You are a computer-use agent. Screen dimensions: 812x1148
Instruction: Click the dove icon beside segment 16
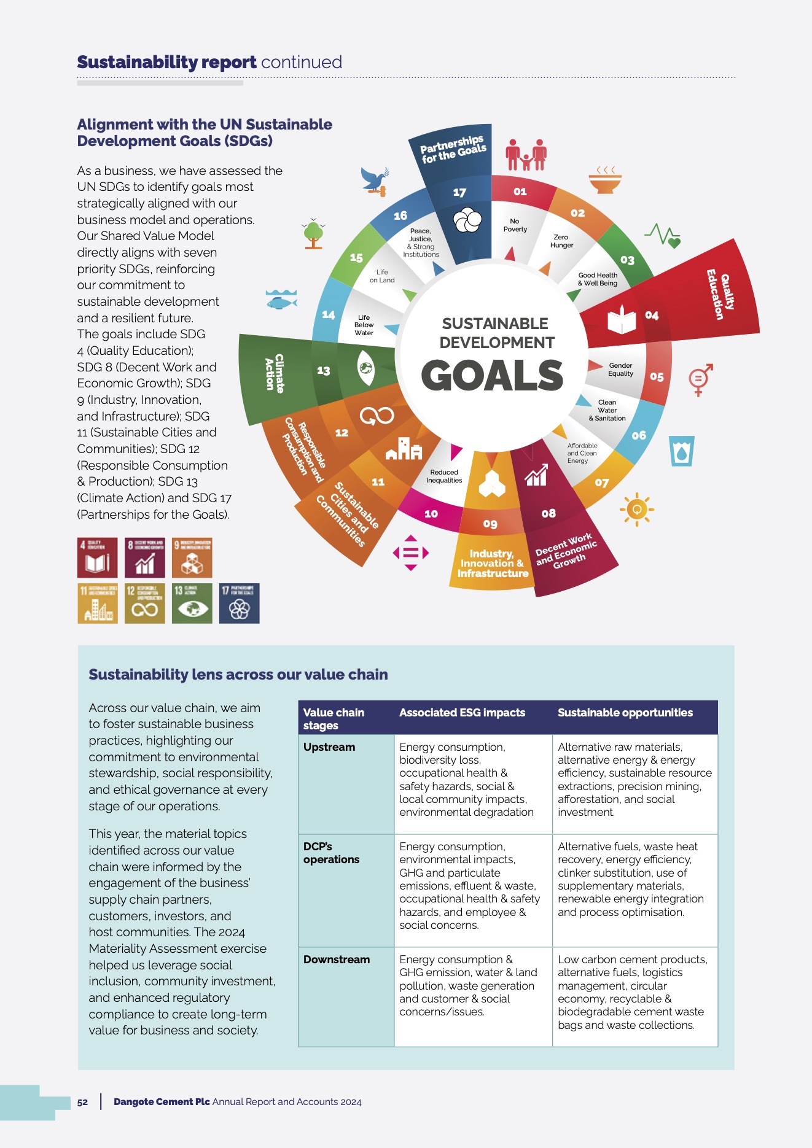(x=374, y=181)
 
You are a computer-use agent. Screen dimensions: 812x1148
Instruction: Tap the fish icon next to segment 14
(x=281, y=300)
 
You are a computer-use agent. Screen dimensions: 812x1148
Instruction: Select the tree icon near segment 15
(x=313, y=233)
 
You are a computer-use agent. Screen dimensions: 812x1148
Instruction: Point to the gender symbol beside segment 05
(x=700, y=379)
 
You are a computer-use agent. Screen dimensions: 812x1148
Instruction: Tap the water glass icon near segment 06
(x=682, y=451)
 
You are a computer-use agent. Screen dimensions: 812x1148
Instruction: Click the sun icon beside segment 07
(x=637, y=509)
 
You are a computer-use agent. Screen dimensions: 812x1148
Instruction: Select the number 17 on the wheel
(x=459, y=192)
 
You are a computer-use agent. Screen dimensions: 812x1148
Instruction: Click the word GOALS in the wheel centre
(x=492, y=375)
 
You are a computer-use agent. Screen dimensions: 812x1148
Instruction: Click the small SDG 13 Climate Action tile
(x=192, y=603)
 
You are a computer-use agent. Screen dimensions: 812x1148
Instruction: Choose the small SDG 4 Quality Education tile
(x=97, y=557)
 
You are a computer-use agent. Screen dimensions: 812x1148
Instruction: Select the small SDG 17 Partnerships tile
(x=239, y=603)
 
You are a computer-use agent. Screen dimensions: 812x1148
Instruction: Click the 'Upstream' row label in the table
(x=329, y=747)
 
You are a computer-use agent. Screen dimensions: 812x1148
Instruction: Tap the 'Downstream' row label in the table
(x=337, y=960)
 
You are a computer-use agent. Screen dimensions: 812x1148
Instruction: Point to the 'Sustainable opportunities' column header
(x=625, y=713)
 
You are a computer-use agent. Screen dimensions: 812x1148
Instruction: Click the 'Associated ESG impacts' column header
(x=462, y=713)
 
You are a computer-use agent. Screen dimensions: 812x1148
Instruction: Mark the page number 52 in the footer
(x=82, y=1102)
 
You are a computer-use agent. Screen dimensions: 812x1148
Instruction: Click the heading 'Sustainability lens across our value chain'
(x=238, y=675)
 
